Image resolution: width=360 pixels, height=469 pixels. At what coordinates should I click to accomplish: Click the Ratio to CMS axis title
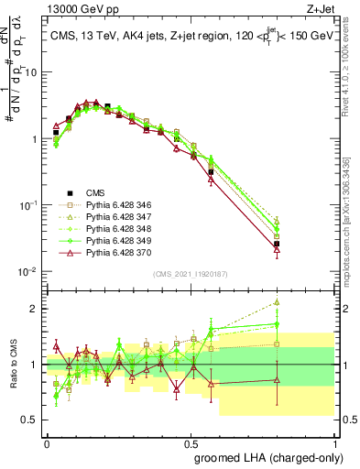(12, 365)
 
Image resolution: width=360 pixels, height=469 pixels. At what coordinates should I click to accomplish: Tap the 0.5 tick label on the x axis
(191, 442)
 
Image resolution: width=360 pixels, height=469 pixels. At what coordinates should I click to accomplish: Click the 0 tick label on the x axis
(47, 442)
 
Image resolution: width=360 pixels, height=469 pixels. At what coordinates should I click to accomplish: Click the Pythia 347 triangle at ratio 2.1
(277, 301)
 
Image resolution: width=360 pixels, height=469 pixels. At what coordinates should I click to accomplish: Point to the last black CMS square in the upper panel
(277, 244)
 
